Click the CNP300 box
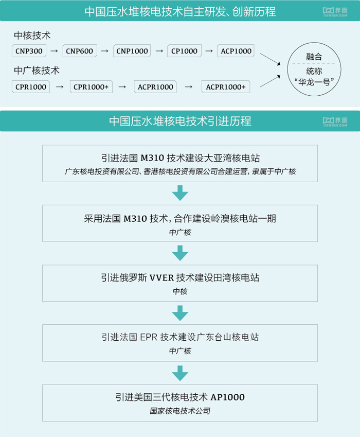[28, 51]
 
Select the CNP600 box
[79, 51]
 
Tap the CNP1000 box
[132, 51]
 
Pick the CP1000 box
[184, 51]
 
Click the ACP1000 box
[236, 51]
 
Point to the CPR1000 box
[30, 87]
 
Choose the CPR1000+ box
[91, 87]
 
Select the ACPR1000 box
[155, 87]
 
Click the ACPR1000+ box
[226, 87]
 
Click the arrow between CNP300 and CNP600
[53, 51]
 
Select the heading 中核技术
[32, 36]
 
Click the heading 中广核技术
[37, 71]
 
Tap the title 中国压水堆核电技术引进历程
[180, 121]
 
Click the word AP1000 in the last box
[227, 397]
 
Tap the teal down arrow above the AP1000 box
[180, 373]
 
